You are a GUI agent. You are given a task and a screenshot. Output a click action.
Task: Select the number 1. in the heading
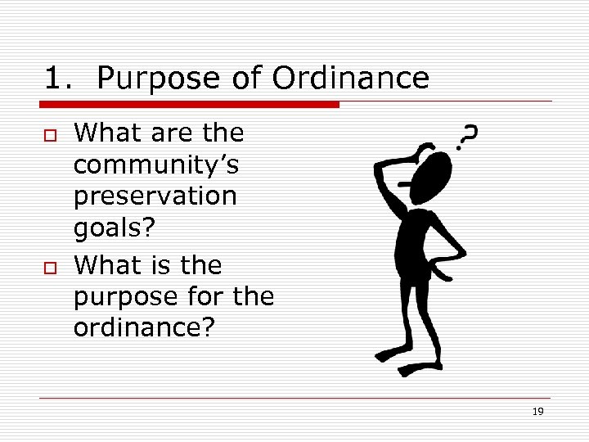[62, 79]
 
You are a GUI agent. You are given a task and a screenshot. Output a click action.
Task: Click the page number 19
[537, 412]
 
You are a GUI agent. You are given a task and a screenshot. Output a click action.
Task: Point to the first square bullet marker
[50, 134]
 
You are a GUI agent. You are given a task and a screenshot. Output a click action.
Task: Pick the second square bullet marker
[50, 267]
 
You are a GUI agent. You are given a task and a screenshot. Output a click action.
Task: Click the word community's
[156, 165]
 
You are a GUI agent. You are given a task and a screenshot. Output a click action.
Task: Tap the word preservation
[155, 197]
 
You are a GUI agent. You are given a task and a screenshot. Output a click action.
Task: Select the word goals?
[113, 229]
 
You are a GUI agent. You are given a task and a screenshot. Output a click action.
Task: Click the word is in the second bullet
[160, 264]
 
